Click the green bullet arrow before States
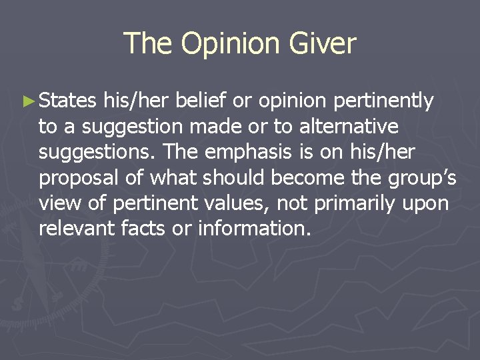[27, 102]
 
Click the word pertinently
[384, 102]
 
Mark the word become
[313, 178]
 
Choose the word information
[254, 229]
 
